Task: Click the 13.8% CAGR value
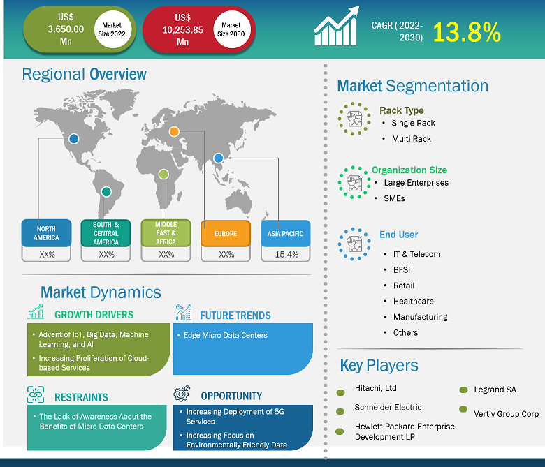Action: pos(466,31)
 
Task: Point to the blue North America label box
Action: pos(46,232)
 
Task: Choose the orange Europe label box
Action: pos(226,233)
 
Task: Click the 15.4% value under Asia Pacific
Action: pos(286,255)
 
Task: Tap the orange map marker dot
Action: pos(174,131)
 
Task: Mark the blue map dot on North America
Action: pos(73,139)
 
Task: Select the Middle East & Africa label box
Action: pos(166,233)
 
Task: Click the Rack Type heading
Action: pos(401,110)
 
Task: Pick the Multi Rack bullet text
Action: pos(411,138)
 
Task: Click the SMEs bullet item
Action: pos(394,198)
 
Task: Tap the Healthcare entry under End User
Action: pos(413,301)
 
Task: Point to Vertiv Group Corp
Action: pos(506,414)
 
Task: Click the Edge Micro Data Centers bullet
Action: pos(225,335)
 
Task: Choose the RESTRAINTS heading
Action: pos(81,397)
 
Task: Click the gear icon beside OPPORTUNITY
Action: pos(182,394)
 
